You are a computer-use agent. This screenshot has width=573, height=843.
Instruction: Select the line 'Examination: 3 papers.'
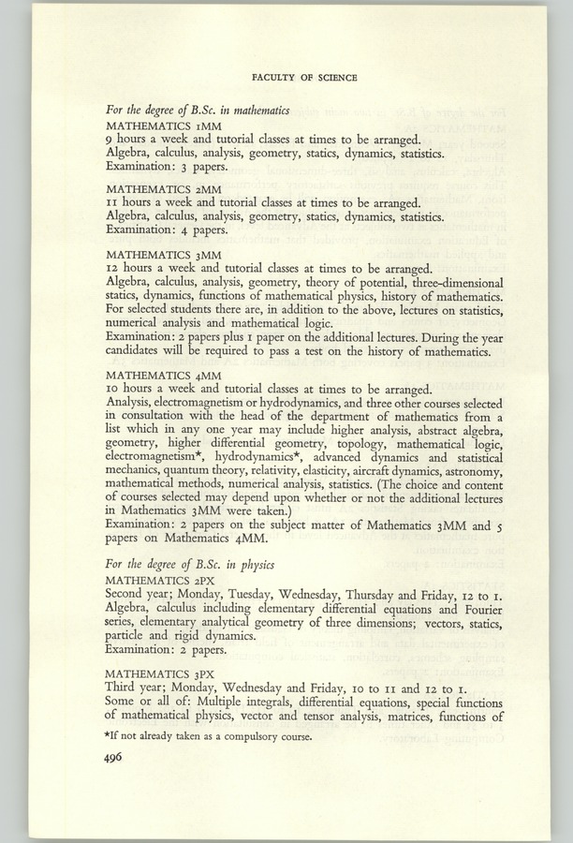(x=165, y=165)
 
